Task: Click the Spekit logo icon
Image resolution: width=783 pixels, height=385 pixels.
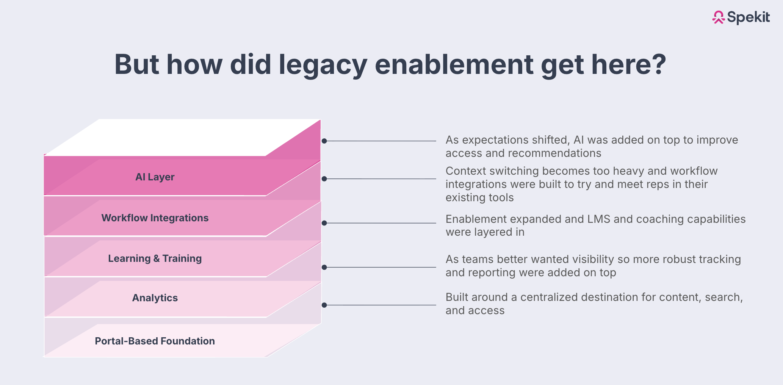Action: [x=718, y=17]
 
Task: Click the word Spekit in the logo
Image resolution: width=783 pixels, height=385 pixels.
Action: [x=749, y=17]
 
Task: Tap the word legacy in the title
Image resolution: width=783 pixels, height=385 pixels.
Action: [x=323, y=64]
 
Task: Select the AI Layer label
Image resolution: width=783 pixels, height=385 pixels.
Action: [x=155, y=177]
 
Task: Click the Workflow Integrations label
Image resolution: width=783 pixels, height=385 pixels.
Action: [x=155, y=218]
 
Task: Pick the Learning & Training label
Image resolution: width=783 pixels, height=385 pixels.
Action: [x=155, y=258]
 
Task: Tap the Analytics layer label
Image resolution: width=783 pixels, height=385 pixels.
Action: [x=155, y=298]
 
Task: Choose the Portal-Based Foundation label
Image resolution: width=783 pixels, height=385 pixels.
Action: [x=155, y=341]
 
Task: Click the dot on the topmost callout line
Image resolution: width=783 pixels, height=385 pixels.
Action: [x=324, y=141]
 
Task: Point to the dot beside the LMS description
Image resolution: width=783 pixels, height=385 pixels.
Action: [x=324, y=223]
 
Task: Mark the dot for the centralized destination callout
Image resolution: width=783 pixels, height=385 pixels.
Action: [x=324, y=305]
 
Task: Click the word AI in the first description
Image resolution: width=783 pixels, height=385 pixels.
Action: [x=578, y=140]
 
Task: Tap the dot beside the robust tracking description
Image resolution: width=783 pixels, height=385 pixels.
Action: [x=324, y=267]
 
